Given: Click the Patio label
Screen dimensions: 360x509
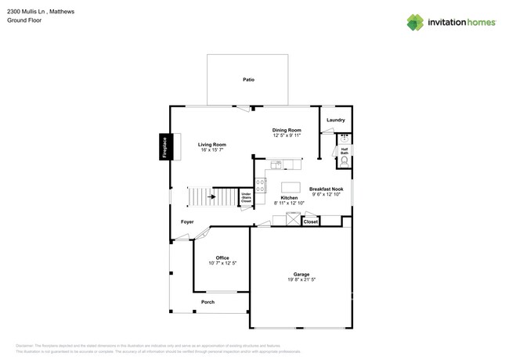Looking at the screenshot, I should tap(248, 80).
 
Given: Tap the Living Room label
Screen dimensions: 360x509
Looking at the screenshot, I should tap(211, 144).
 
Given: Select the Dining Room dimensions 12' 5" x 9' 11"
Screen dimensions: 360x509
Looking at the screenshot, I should tap(287, 135).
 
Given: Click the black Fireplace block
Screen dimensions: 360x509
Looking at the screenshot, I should tap(164, 148).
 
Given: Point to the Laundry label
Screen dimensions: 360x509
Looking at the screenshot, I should tap(336, 120).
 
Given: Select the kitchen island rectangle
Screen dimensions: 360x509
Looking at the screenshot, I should tap(289, 187).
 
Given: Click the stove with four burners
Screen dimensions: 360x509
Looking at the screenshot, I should tap(260, 187).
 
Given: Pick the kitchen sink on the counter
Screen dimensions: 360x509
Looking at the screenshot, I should tap(279, 164).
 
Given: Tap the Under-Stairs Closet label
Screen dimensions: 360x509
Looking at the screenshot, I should tap(246, 197).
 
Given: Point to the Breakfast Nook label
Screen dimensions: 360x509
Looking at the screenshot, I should tap(326, 189).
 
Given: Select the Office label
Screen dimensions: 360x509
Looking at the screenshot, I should tap(222, 257).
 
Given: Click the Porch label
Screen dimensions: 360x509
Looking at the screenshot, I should tap(208, 302).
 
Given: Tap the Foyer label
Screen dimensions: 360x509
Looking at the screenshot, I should tap(187, 221).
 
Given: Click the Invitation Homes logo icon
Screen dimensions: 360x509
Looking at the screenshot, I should tap(415, 22).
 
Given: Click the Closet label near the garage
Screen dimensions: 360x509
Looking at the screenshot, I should tap(310, 222).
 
